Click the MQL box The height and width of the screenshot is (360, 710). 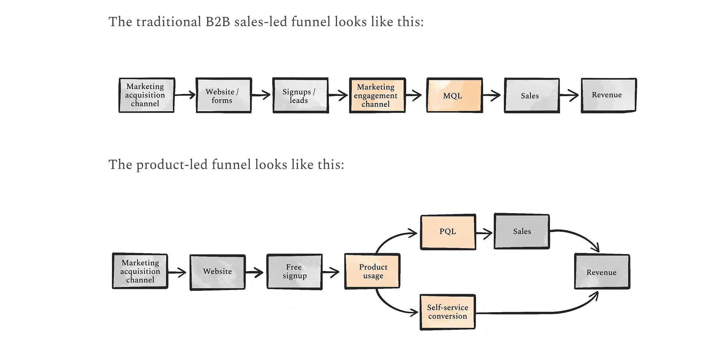pos(454,96)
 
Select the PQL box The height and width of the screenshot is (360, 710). pos(448,232)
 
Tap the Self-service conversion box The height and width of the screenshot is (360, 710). pos(448,312)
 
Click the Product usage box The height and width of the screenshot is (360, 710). pos(372,271)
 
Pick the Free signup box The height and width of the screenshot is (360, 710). pos(294,272)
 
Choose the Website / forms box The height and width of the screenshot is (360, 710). pos(224,96)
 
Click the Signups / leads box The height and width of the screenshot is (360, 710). pos(300,96)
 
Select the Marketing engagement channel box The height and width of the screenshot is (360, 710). pos(377,96)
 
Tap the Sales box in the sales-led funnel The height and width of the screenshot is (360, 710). pos(532,96)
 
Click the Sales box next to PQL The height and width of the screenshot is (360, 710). pos(522,232)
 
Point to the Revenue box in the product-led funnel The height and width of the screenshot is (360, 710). pos(602,272)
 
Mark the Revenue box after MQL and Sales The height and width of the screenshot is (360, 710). pos(608,95)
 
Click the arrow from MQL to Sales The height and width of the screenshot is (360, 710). pos(492,96)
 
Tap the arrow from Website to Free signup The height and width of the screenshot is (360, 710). pos(255,273)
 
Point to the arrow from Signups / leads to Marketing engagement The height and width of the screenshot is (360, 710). pos(338,96)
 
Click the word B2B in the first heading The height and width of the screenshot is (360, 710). pos(217,22)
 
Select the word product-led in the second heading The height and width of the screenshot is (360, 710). pos(172,165)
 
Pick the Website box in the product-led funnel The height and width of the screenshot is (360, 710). pos(217,272)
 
